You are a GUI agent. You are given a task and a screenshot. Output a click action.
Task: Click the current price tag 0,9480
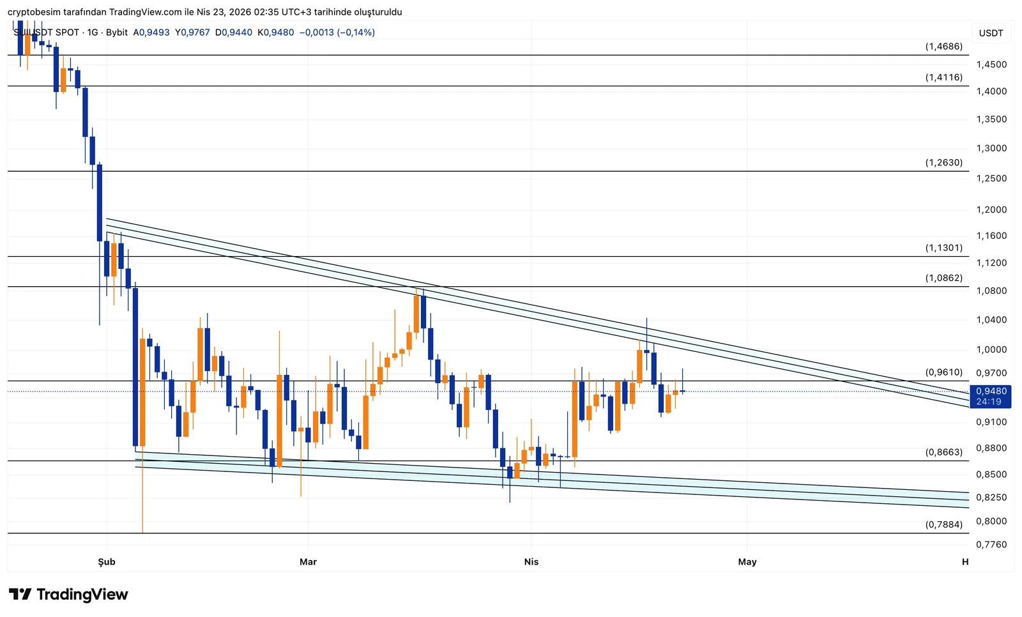[991, 391]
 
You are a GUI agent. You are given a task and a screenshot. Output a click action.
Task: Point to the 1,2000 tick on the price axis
[991, 209]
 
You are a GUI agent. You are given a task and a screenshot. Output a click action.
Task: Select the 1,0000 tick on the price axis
[991, 349]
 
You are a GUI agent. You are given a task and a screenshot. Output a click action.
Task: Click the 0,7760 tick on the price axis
[991, 544]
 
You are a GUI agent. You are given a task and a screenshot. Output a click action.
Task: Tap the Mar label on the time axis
[308, 562]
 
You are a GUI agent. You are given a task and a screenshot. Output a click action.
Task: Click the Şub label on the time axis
[107, 562]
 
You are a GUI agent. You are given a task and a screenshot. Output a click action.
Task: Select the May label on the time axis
[747, 562]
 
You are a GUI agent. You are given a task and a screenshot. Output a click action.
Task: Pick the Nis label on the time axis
[531, 562]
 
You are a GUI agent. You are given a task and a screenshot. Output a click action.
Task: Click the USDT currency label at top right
[991, 33]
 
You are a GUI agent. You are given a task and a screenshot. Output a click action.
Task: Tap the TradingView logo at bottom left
[68, 595]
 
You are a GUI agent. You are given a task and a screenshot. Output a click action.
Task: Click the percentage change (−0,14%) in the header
[356, 32]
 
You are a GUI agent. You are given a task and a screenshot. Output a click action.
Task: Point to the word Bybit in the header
[117, 32]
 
